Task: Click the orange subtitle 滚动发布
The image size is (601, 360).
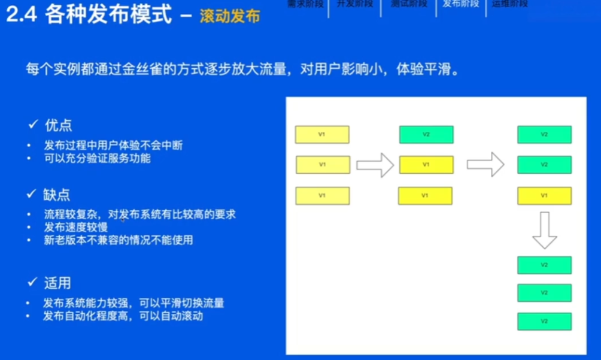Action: click(230, 16)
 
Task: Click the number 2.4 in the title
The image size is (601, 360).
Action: click(22, 15)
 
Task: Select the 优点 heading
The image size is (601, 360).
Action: click(58, 125)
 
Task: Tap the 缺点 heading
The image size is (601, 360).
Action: click(58, 195)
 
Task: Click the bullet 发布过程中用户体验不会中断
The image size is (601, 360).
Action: click(113, 146)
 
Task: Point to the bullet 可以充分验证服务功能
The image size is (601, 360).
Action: click(97, 159)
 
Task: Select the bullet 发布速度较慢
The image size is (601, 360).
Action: click(75, 228)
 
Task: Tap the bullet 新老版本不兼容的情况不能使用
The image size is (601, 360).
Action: click(118, 240)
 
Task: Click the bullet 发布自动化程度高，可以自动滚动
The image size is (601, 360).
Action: click(123, 316)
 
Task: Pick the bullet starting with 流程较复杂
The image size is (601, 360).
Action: click(139, 214)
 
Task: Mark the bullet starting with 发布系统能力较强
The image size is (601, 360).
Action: click(133, 303)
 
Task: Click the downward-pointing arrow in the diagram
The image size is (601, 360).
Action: click(545, 229)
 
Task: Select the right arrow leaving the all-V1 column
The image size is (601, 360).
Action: click(375, 165)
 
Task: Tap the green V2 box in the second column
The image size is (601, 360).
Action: click(426, 134)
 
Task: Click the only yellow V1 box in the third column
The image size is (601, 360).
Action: click(544, 196)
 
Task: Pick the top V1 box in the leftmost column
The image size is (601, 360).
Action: click(322, 134)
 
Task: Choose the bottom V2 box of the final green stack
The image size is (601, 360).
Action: click(544, 320)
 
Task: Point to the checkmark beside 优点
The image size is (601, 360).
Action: click(34, 125)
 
